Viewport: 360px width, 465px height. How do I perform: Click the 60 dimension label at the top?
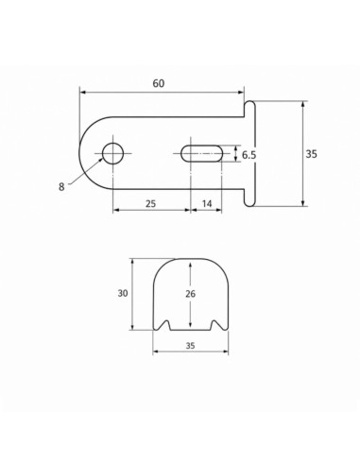[x=159, y=83]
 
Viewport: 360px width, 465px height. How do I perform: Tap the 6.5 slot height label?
[x=249, y=155]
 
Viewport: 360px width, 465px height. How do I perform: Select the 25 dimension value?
[x=150, y=203]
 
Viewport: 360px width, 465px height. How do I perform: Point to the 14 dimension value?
[x=207, y=203]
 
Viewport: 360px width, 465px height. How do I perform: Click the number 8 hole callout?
[x=61, y=187]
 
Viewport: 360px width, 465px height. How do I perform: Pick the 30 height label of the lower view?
[x=123, y=293]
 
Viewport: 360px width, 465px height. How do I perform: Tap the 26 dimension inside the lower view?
[x=190, y=294]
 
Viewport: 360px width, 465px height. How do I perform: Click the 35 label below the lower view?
[x=190, y=346]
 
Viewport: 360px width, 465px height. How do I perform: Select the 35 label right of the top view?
[x=311, y=154]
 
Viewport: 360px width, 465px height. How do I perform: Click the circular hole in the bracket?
[x=112, y=153]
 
